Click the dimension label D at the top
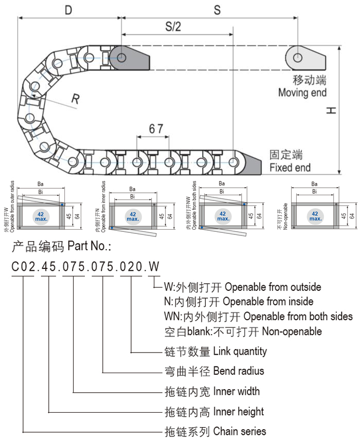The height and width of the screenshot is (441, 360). [68, 10]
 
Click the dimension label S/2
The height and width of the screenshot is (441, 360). [173, 27]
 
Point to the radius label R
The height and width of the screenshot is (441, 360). [75, 99]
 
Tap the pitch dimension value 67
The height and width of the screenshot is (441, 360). [156, 128]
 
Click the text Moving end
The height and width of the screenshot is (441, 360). [302, 93]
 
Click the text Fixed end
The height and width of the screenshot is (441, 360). [290, 168]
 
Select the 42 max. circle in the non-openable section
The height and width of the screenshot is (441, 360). [314, 216]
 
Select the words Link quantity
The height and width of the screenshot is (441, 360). [240, 352]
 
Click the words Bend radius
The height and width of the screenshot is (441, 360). [238, 371]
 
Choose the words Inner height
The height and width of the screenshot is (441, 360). [238, 412]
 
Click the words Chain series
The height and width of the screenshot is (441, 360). [240, 431]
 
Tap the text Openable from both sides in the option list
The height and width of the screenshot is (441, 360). [298, 316]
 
